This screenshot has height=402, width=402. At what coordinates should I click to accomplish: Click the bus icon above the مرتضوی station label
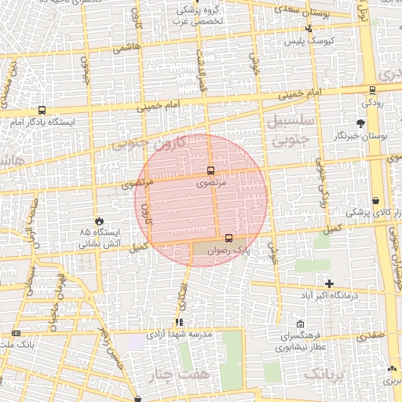tap(210, 170)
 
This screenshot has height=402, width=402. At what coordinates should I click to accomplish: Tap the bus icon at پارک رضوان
tap(228, 237)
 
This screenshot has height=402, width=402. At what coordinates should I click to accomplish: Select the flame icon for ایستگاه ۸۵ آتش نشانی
tap(99, 221)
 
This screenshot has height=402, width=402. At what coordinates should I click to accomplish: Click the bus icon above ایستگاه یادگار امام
tap(41, 111)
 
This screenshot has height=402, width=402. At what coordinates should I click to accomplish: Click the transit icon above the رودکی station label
tap(371, 90)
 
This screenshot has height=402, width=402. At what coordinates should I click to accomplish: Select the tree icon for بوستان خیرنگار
tap(360, 123)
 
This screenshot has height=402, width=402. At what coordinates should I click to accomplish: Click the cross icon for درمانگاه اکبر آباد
tap(329, 283)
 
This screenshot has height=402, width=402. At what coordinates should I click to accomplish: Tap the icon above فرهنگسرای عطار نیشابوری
tap(301, 323)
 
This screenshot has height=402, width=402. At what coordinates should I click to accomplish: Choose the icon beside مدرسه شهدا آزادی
tap(179, 322)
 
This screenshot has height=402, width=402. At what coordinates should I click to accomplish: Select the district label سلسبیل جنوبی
tap(291, 131)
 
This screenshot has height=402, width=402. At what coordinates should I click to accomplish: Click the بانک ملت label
tap(17, 345)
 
